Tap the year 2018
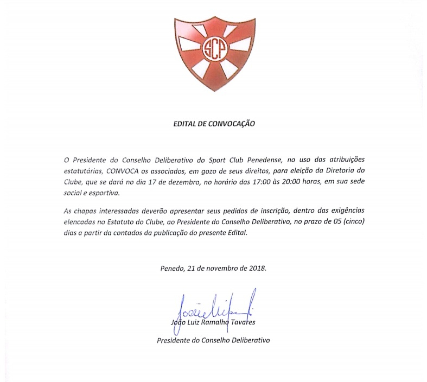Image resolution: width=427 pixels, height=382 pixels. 257,268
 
